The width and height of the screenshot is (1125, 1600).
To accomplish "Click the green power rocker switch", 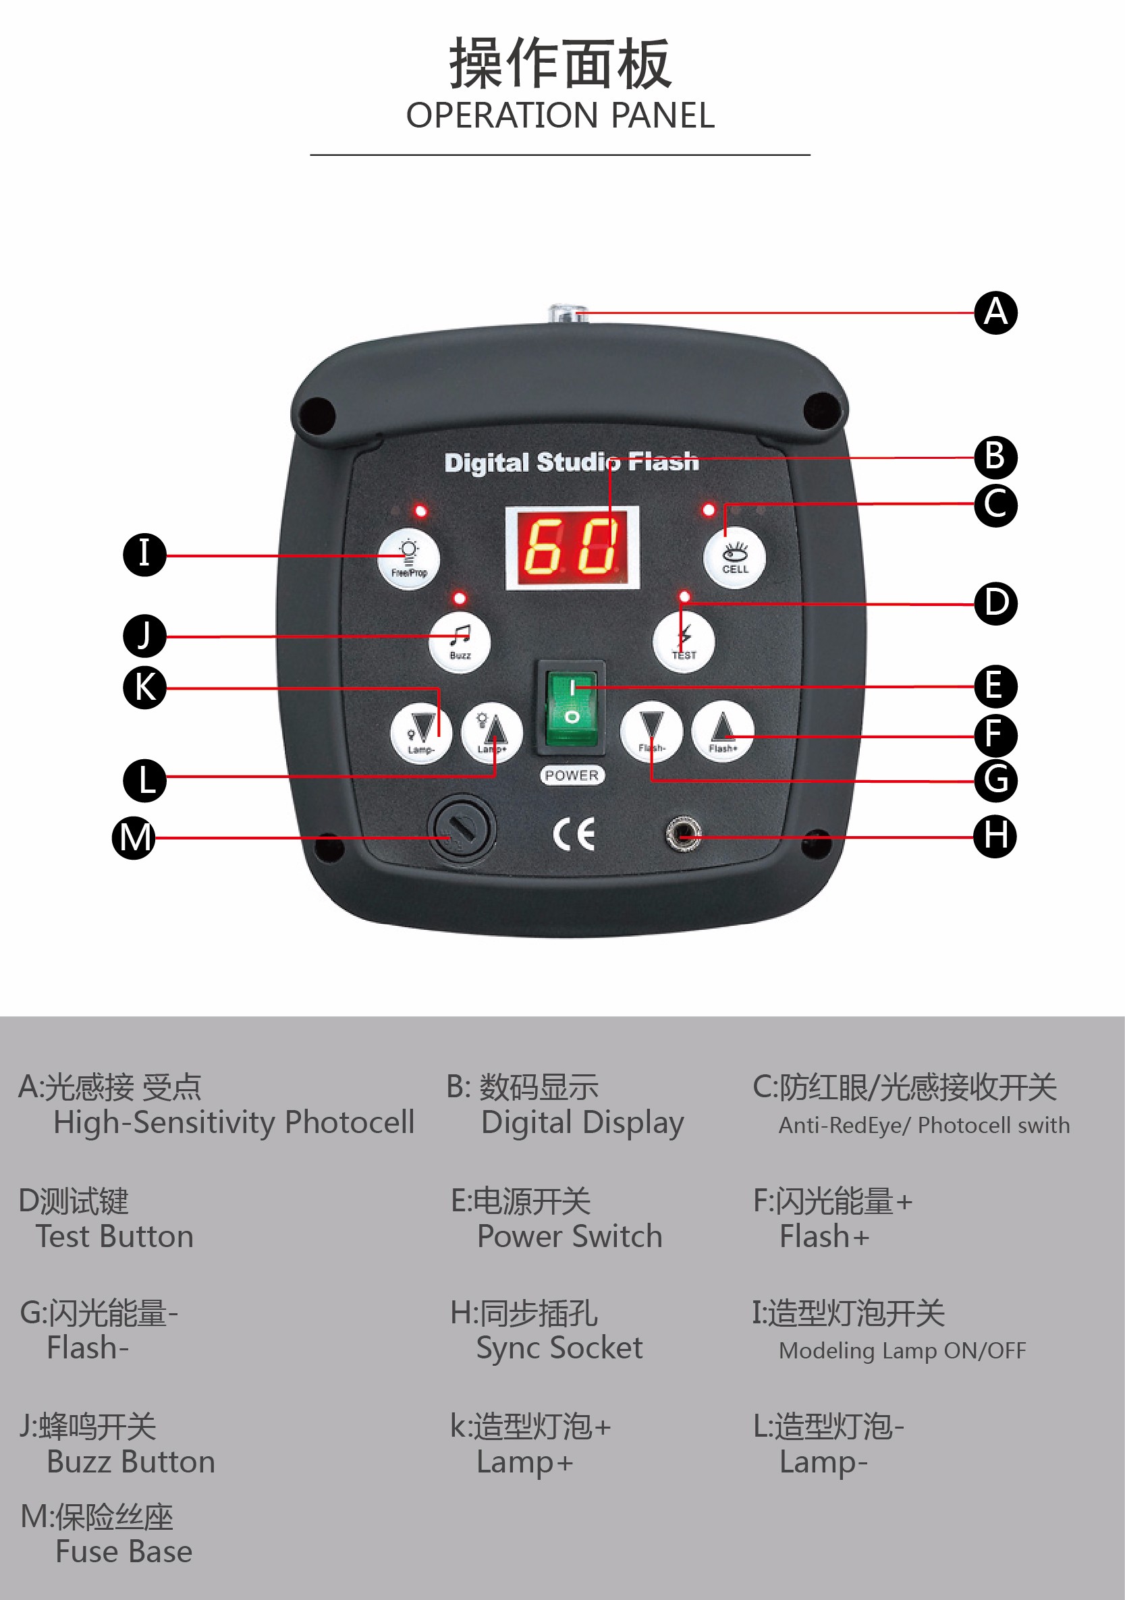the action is coord(571,709).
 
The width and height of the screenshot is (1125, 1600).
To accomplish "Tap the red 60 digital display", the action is coord(572,548).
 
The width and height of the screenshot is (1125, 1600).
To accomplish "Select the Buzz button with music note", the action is coord(460,642).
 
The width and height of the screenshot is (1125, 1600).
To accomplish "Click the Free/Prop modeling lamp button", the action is coord(409,559).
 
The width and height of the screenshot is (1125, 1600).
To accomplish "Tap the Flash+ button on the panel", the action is coord(723,732).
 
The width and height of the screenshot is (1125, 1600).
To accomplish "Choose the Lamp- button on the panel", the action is coord(421,733).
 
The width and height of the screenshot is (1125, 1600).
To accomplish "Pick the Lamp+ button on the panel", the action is coord(492,733).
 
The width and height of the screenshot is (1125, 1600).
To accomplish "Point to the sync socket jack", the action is coord(683,833).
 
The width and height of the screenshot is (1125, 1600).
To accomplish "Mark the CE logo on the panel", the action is coord(574,834).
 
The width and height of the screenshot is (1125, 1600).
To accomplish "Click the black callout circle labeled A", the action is coord(995,313).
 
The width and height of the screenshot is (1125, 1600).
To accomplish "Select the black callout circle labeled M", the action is coord(134,837).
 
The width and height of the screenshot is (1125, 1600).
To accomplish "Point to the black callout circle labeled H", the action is coord(995,835).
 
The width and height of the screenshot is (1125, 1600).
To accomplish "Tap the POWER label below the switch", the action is coord(572,775).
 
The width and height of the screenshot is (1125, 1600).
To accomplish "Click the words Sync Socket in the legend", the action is coord(559,1347).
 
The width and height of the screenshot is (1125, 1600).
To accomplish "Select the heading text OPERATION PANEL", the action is coord(560,115).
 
